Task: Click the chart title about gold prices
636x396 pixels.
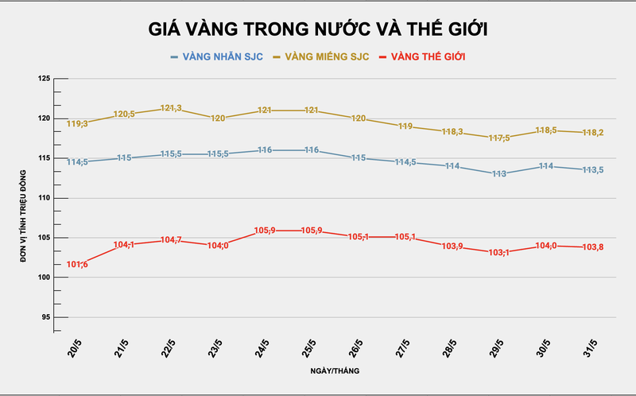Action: pyautogui.click(x=318, y=29)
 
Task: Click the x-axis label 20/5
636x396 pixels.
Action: pyautogui.click(x=75, y=347)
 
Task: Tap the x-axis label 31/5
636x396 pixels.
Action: pyautogui.click(x=591, y=347)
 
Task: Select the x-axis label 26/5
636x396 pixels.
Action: pyautogui.click(x=356, y=347)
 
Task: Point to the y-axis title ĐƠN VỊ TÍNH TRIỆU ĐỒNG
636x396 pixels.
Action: pyautogui.click(x=24, y=199)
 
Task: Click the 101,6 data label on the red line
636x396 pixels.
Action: pyautogui.click(x=78, y=264)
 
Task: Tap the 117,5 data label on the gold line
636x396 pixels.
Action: pyautogui.click(x=499, y=138)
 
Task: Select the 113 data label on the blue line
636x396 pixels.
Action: pyautogui.click(x=499, y=173)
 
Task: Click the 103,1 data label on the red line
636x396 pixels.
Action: pyautogui.click(x=499, y=252)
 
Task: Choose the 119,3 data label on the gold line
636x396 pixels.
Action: pyautogui.click(x=78, y=123)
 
